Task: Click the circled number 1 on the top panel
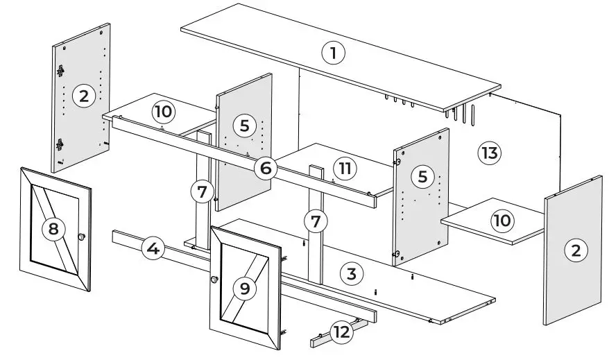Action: point(334,52)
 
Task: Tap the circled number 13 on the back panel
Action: point(490,153)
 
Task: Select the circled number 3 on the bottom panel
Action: point(352,273)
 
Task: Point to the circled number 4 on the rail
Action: point(153,248)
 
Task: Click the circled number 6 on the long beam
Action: point(266,166)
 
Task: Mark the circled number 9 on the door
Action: point(244,288)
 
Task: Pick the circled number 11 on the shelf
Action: point(344,167)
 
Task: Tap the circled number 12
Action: point(341,332)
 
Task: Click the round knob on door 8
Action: point(82,237)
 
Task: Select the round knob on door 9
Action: point(214,280)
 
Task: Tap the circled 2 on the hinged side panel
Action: point(84,96)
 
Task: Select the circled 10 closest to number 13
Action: point(501,221)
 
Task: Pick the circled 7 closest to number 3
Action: point(316,221)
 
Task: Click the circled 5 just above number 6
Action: point(244,126)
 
